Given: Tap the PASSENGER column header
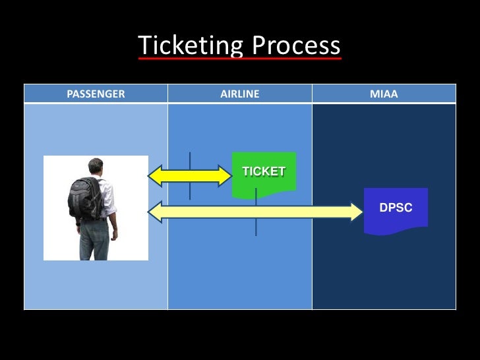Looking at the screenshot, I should point(96,94).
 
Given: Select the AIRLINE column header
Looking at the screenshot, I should point(239,94).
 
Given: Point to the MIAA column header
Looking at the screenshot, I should point(384,94).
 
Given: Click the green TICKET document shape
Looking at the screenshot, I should point(264,175).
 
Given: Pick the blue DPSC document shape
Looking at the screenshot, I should point(396,210).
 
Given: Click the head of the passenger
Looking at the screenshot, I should point(97,167).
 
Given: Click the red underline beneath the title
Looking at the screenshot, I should point(239,59).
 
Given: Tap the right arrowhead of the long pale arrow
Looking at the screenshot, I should point(356,211).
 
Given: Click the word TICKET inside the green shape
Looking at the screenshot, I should point(264,171).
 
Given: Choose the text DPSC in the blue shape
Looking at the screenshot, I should point(396,208).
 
